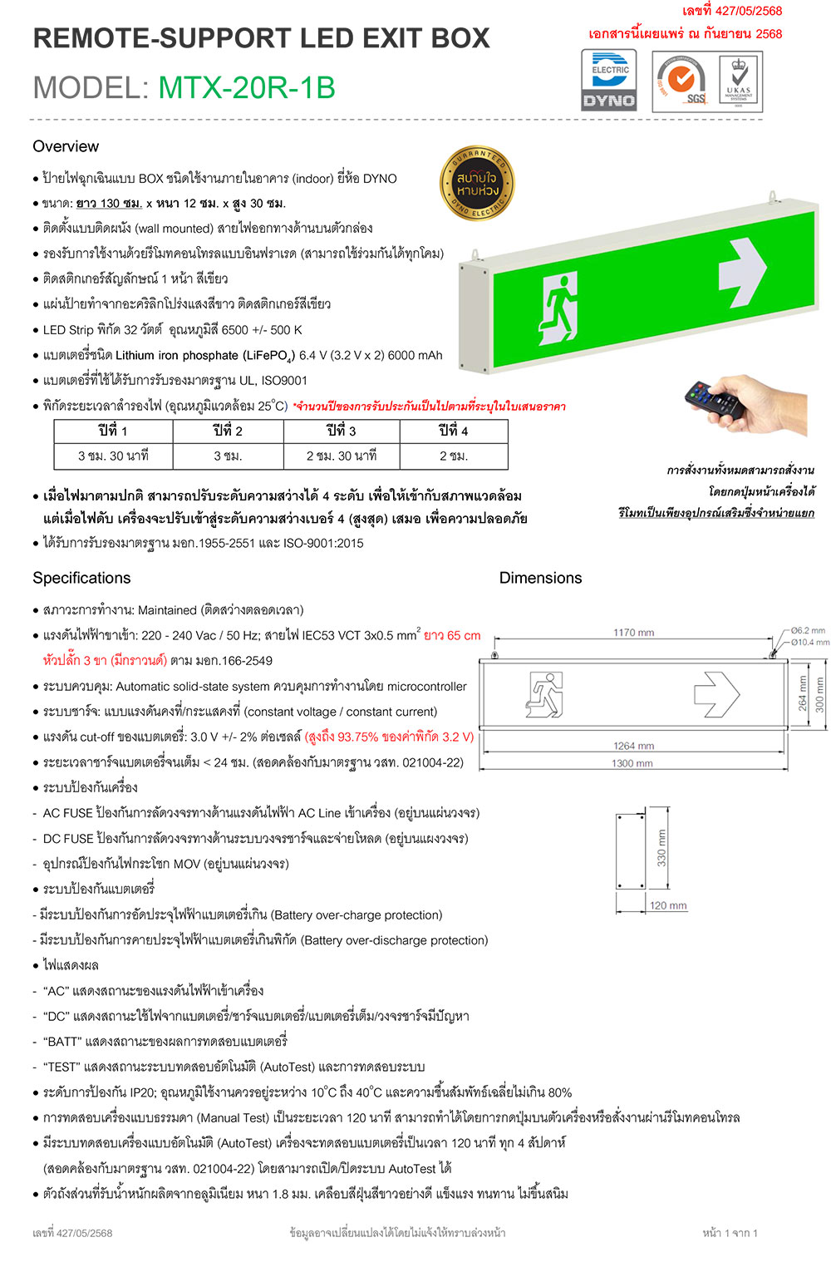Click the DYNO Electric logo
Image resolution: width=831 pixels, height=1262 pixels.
[x=609, y=81]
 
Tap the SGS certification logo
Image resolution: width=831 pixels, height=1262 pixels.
[x=681, y=81]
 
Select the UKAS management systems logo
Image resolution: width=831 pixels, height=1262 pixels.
[x=738, y=81]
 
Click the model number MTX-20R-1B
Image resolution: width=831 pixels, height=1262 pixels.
[x=247, y=87]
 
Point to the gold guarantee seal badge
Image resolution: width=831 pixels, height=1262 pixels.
[x=477, y=185]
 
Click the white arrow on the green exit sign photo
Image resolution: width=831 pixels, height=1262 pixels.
[x=741, y=271]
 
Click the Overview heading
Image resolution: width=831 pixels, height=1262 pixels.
[x=66, y=146]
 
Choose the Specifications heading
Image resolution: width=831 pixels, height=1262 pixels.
[x=81, y=578]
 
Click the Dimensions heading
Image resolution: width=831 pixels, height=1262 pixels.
[x=540, y=578]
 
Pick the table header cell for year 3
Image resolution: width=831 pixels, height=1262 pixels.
[x=341, y=431]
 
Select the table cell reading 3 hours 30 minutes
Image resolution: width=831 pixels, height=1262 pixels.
[x=113, y=456]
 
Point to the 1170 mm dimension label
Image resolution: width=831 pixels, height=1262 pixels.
[x=633, y=633]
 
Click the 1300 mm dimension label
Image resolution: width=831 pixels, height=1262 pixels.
[x=632, y=763]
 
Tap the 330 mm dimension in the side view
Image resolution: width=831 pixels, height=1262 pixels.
[x=661, y=848]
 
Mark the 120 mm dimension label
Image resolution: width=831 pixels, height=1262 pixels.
[x=668, y=905]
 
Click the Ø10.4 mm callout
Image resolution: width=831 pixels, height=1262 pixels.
[x=809, y=642]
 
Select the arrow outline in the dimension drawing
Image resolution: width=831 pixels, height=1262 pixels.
[x=715, y=693]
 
